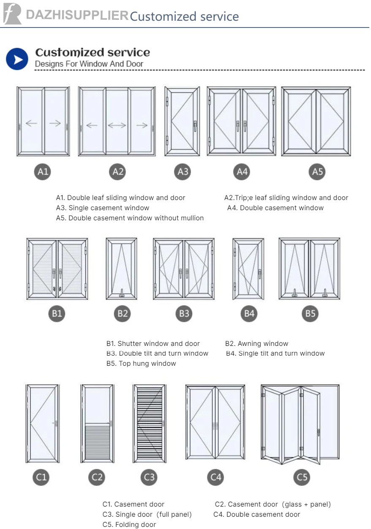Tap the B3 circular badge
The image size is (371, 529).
(x=184, y=314)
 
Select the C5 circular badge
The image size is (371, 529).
(x=302, y=477)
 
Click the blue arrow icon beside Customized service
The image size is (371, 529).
(x=17, y=59)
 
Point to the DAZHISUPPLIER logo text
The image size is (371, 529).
(x=77, y=15)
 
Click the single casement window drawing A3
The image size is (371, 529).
(x=182, y=121)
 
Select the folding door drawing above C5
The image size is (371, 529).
(x=300, y=422)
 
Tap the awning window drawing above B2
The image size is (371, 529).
(x=121, y=269)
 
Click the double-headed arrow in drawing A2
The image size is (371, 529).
(x=117, y=125)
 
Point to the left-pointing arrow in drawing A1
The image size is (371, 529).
(x=31, y=123)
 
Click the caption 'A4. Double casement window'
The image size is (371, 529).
(x=276, y=208)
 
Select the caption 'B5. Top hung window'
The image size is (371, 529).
(x=141, y=364)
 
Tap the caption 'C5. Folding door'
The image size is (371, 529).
(x=129, y=525)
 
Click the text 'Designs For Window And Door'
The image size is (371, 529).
(x=89, y=64)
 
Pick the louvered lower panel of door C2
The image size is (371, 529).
(x=97, y=442)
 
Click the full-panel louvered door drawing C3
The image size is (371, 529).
(x=149, y=423)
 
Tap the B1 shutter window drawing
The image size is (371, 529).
(x=57, y=269)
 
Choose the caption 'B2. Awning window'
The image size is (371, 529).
(x=256, y=344)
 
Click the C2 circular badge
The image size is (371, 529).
(x=97, y=477)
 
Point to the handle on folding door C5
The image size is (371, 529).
(x=318, y=432)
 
